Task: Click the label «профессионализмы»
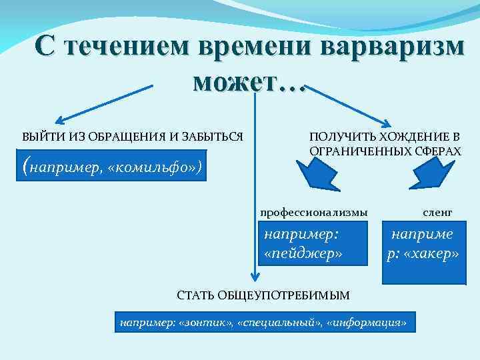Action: pos(313,212)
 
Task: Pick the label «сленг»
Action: pos(437,212)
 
